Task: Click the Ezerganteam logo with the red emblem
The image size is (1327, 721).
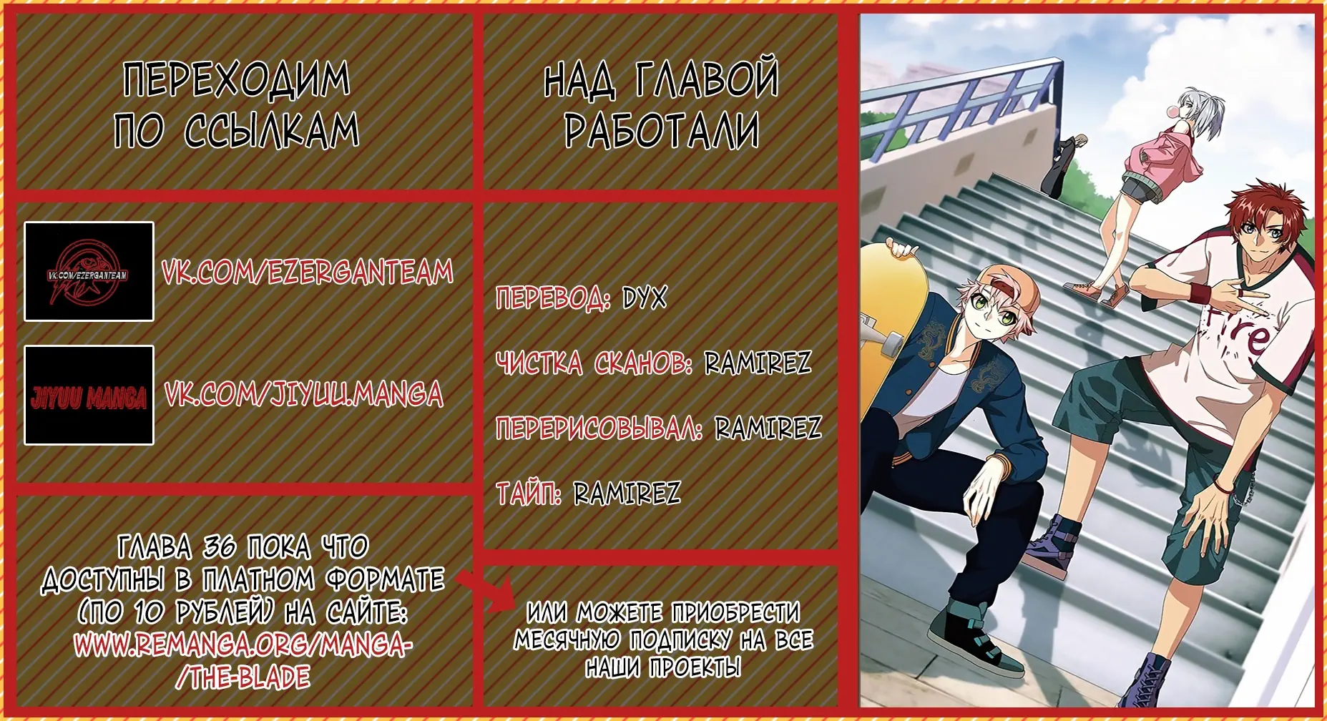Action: point(89,272)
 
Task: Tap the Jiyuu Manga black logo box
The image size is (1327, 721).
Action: point(89,396)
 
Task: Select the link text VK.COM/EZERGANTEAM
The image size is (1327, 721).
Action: point(308,272)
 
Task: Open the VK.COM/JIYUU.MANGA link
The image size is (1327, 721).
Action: point(304,394)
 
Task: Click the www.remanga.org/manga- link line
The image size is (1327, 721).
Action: point(243,646)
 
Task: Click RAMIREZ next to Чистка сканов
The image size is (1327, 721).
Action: point(758,363)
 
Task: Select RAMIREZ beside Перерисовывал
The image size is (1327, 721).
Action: point(768,428)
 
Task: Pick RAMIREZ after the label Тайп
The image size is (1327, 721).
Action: point(627,493)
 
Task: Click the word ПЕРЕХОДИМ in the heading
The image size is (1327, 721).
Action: point(237,79)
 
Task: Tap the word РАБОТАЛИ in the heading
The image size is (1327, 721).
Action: point(662,131)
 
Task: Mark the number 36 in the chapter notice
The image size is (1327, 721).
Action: point(220,548)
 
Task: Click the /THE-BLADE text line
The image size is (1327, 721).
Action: point(243,677)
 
